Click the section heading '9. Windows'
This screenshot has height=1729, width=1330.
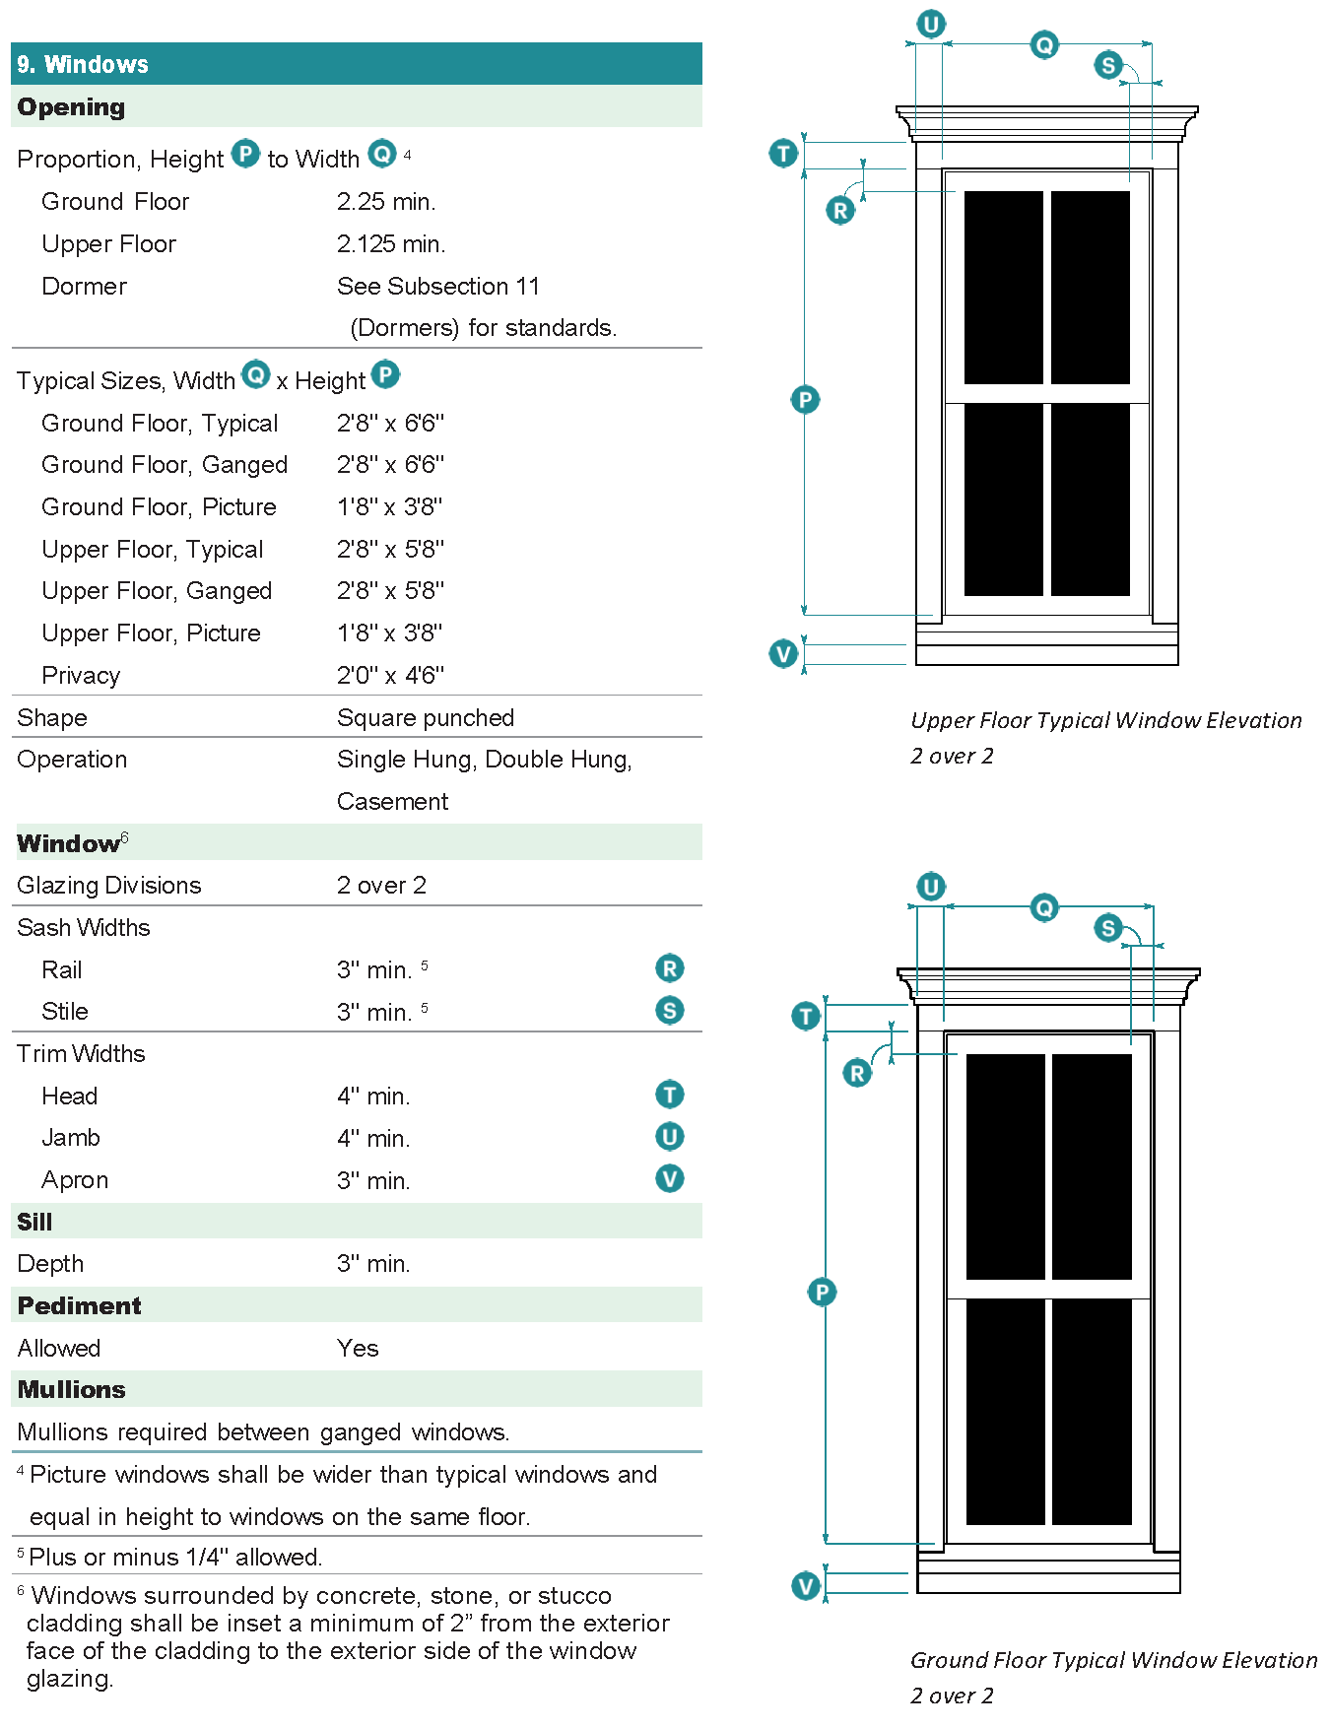tap(83, 65)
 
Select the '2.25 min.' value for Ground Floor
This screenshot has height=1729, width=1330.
tap(386, 202)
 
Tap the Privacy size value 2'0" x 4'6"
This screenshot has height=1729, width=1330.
tap(390, 676)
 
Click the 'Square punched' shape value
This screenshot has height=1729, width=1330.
tap(426, 718)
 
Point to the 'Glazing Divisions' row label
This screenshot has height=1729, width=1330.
tap(109, 886)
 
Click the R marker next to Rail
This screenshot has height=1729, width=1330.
tap(670, 968)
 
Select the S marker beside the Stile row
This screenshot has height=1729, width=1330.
tap(670, 1011)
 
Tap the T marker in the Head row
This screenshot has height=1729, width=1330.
tap(670, 1095)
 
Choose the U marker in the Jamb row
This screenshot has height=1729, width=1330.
tap(670, 1137)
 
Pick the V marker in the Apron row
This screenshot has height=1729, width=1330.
tap(670, 1179)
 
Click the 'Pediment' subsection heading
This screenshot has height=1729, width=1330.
tap(80, 1306)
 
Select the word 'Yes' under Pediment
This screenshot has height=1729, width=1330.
tap(358, 1349)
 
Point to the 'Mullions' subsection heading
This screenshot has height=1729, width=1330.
tap(72, 1390)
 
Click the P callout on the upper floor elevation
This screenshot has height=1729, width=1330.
tap(805, 400)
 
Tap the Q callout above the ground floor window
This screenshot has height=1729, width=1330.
tap(1044, 907)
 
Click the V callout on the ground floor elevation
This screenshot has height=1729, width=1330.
tap(806, 1586)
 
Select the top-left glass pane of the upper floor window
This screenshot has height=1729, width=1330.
tap(1003, 287)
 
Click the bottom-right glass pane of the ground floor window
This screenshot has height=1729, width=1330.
tap(1092, 1411)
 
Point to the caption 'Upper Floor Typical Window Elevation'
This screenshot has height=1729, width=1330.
tap(1105, 721)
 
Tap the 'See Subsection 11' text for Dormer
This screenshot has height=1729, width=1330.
tap(438, 287)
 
